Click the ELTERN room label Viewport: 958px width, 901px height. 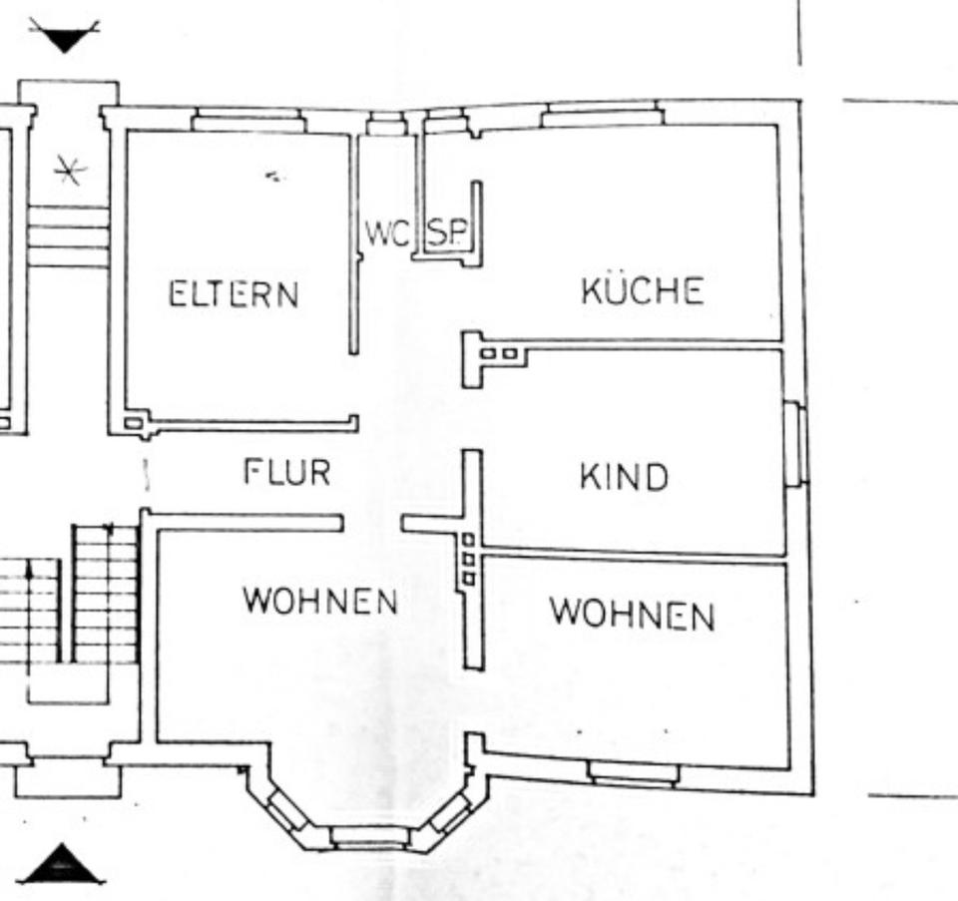click(234, 294)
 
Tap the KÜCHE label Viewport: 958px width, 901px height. click(642, 290)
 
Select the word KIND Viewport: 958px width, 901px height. click(624, 477)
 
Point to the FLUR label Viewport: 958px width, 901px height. click(287, 471)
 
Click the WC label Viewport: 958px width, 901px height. click(386, 234)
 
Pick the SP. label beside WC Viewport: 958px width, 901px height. click(445, 234)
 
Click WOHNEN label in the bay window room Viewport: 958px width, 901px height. click(320, 601)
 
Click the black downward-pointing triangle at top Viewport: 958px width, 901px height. click(65, 38)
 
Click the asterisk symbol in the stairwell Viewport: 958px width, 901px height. click(69, 172)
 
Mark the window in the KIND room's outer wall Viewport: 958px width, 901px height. click(794, 444)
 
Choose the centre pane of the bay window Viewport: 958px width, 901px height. click(370, 835)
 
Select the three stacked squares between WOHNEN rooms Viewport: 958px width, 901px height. click(468, 560)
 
